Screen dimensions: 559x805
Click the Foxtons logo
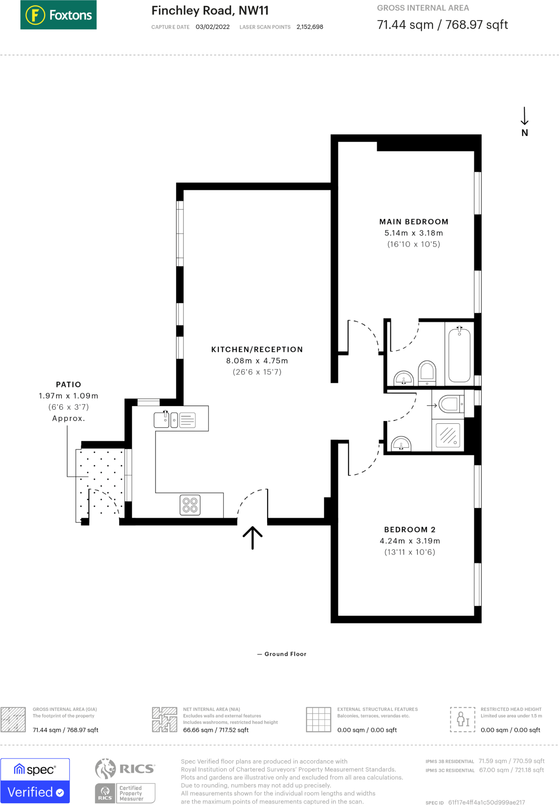tap(58, 15)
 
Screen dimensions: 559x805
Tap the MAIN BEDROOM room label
tap(414, 222)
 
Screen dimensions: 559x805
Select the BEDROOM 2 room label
tap(410, 529)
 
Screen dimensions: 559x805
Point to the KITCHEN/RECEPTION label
tap(257, 349)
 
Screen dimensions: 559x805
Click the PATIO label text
tap(68, 384)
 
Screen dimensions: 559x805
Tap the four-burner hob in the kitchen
tap(190, 505)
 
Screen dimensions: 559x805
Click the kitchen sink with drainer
tap(175, 419)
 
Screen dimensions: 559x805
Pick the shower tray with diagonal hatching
tap(448, 435)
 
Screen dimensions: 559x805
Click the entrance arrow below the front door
tap(253, 538)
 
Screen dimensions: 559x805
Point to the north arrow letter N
tap(525, 133)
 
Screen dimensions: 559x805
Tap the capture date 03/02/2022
tap(212, 27)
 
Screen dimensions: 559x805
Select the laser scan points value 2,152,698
tap(310, 27)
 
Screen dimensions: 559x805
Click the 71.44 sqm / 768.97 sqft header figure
tap(443, 25)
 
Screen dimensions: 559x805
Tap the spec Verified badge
tap(35, 781)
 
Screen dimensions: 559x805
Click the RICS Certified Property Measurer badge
tap(125, 781)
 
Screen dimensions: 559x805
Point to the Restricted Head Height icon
tap(463, 719)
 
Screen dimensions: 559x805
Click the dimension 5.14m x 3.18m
tap(414, 233)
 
